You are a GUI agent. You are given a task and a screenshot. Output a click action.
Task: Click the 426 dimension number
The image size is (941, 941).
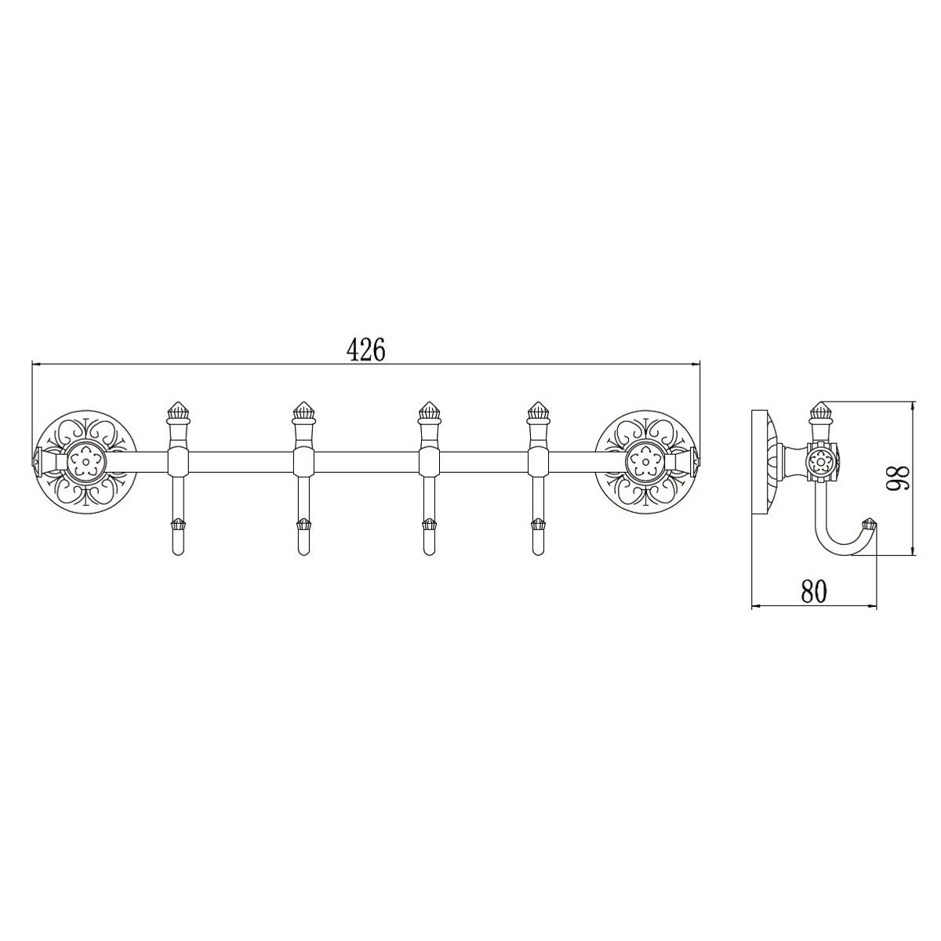366,348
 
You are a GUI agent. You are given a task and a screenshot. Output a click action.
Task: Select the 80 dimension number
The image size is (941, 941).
814,591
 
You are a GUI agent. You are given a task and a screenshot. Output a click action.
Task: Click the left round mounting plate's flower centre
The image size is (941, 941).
87,460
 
